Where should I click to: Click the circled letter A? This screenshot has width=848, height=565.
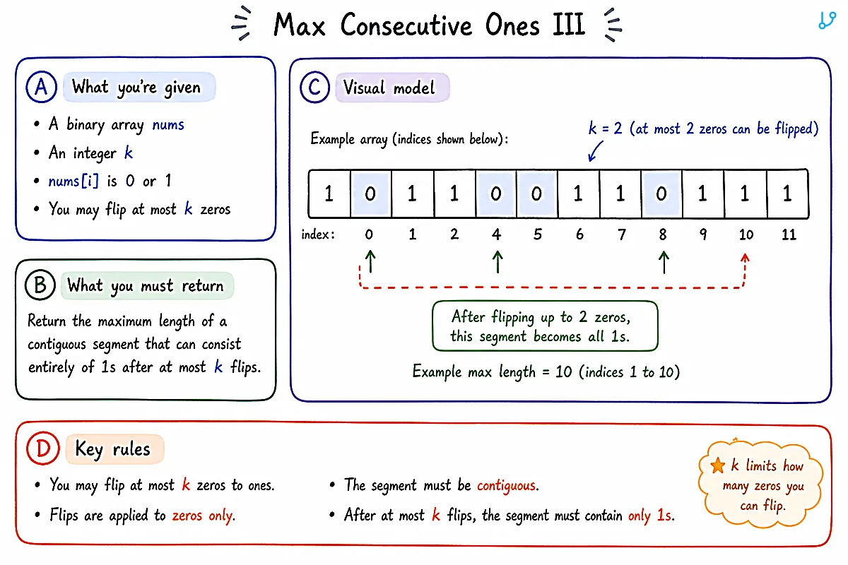click(41, 87)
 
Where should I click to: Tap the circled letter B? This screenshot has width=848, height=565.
click(40, 285)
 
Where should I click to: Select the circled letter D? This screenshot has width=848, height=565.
click(43, 448)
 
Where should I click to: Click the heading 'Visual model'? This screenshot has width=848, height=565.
click(389, 88)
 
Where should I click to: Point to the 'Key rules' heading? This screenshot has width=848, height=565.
click(112, 450)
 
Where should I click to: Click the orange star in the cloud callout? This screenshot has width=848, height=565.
click(718, 465)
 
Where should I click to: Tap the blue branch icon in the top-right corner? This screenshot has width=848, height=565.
click(827, 20)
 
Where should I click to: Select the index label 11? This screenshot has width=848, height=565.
click(789, 234)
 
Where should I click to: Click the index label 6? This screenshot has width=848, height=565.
click(579, 234)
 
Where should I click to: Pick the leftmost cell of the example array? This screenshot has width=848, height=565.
click(329, 194)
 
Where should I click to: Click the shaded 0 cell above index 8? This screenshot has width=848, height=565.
click(661, 194)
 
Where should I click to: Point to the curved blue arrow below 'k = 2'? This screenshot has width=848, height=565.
click(595, 151)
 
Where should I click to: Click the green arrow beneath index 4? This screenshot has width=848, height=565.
click(497, 262)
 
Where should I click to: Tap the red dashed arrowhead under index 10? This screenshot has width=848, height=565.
click(745, 258)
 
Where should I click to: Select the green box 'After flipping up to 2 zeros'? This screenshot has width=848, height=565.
click(545, 326)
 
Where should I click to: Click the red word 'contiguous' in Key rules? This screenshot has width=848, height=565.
click(507, 485)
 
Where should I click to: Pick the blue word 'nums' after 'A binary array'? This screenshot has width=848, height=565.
click(168, 125)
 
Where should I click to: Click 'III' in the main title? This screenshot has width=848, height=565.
click(569, 25)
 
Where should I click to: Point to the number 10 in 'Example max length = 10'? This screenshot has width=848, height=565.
click(563, 372)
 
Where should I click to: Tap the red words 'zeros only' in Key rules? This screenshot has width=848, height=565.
click(204, 516)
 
